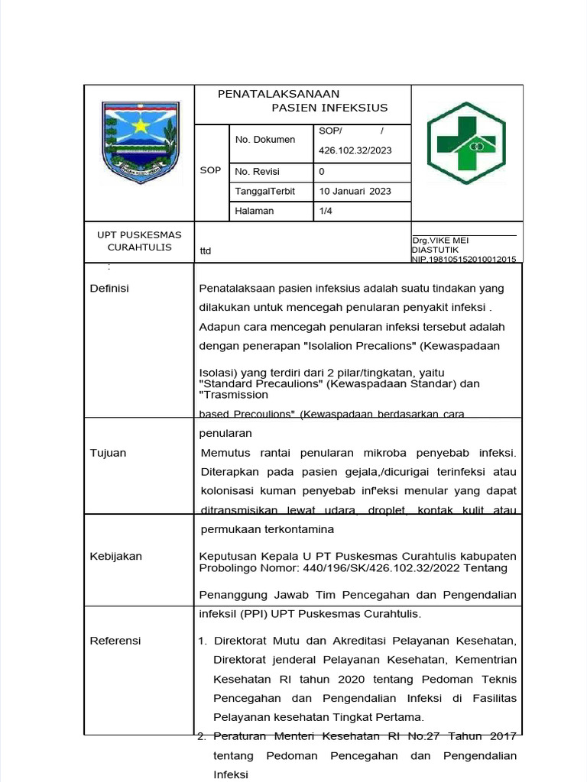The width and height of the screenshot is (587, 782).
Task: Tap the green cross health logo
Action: pos(466,144)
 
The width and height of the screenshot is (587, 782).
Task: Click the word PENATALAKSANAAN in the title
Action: pos(278,94)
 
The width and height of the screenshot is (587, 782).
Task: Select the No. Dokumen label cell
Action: pos(264,140)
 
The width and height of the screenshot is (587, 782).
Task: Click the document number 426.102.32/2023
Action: pos(355,150)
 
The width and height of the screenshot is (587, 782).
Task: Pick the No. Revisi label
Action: pos(258,172)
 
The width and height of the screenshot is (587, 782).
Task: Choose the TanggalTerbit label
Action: pos(264,191)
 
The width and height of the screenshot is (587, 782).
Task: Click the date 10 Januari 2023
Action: pos(355,191)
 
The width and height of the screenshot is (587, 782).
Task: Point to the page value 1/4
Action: pos(326,211)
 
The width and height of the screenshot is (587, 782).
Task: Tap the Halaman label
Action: pos(255,211)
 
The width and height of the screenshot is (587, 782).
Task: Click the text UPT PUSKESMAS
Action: pos(139,235)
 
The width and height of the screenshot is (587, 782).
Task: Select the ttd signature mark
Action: pos(206,250)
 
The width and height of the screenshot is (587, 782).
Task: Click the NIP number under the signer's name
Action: pos(464,260)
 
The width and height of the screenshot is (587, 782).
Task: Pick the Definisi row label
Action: pos(109,288)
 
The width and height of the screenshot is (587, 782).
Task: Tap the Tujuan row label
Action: pos(108,453)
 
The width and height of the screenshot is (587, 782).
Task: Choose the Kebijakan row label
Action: pos(115,556)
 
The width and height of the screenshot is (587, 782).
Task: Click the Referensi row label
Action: pos(115,641)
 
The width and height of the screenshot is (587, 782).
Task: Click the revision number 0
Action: pos(322,172)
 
